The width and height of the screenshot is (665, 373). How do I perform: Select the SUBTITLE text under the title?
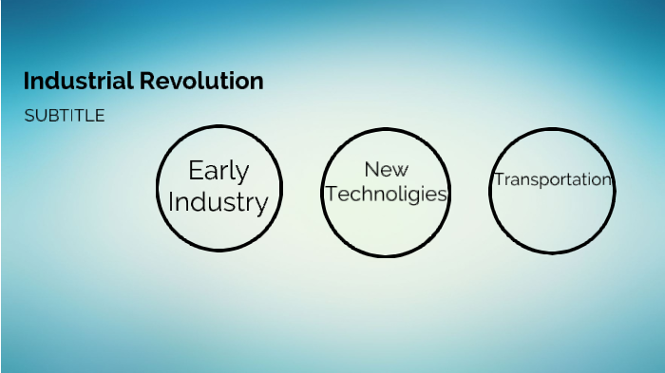pyautogui.click(x=65, y=116)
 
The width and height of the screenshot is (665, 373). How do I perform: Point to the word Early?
pyautogui.click(x=218, y=171)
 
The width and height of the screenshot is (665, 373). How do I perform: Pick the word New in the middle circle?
pyautogui.click(x=386, y=170)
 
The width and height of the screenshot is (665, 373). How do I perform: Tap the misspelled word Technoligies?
pyautogui.click(x=386, y=195)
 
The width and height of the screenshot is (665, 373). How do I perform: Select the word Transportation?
pyautogui.click(x=552, y=179)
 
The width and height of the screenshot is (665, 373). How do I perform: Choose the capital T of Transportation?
pyautogui.click(x=497, y=179)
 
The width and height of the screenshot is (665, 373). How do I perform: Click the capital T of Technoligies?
pyautogui.click(x=331, y=195)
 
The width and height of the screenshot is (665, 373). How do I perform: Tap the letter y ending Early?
pyautogui.click(x=243, y=175)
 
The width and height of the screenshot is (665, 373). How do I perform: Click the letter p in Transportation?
pyautogui.click(x=544, y=181)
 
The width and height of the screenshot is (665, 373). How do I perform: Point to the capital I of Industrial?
pyautogui.click(x=28, y=82)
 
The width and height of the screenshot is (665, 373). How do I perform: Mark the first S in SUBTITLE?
pyautogui.click(x=29, y=116)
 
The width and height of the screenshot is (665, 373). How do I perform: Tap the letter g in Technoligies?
pyautogui.click(x=413, y=196)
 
